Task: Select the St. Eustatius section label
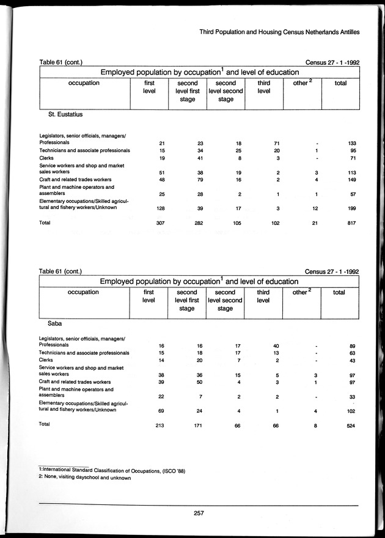[65, 114]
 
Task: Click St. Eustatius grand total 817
[351, 223]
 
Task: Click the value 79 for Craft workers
[199, 181]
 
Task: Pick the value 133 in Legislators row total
[351, 143]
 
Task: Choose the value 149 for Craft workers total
[351, 181]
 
